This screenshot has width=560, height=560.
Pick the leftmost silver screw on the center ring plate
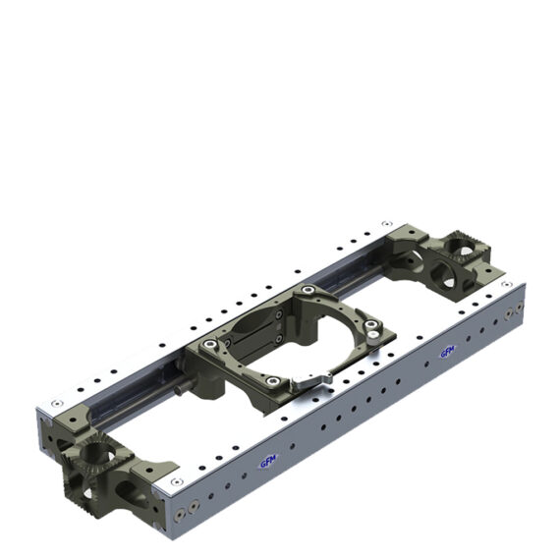209,344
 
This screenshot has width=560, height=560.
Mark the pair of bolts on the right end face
511,312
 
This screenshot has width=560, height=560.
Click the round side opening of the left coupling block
132,488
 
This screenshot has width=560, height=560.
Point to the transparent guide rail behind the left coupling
128,389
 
